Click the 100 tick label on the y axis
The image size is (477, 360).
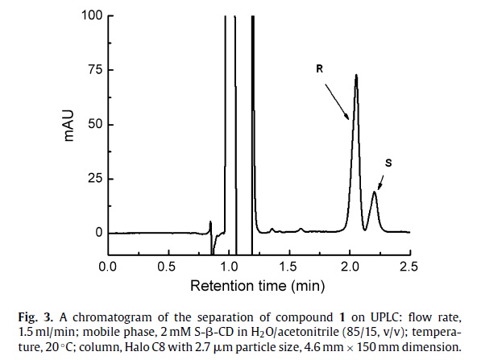[89, 16]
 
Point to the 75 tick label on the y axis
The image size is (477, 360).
[93, 70]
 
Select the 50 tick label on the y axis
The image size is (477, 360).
[93, 125]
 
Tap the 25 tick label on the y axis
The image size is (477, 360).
[93, 179]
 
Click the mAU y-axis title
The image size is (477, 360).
[70, 126]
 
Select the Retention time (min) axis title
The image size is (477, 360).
[259, 285]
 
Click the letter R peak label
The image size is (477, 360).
[320, 70]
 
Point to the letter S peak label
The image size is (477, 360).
[388, 163]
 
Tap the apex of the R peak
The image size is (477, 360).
[356, 76]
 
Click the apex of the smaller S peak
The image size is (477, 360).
[374, 192]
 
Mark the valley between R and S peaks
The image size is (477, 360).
[367, 229]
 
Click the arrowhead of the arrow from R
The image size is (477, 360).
[350, 118]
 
